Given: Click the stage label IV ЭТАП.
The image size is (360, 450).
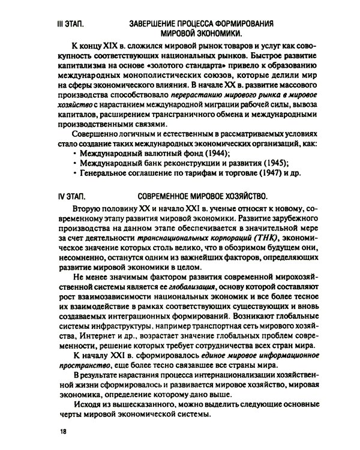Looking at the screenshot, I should tap(71, 196).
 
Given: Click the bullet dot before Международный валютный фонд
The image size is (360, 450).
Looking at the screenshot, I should tap(74, 154).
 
